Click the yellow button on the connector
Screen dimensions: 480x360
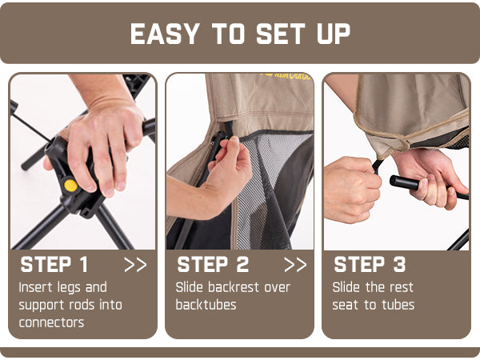[x=70, y=186]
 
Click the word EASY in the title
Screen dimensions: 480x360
[x=165, y=34]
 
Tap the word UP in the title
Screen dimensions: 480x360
[x=334, y=34]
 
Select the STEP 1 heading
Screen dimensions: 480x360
[x=54, y=265]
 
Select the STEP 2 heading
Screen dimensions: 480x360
[x=213, y=265]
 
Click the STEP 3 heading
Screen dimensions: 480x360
[x=370, y=265]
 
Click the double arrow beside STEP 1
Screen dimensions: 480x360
[x=136, y=265]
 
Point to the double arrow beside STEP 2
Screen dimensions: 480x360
[x=295, y=265]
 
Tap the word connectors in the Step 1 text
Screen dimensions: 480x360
[x=51, y=322]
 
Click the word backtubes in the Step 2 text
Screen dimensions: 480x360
[x=206, y=305]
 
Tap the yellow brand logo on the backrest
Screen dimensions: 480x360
[x=286, y=76]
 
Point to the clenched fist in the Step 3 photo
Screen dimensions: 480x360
[x=352, y=190]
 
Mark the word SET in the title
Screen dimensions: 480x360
[x=281, y=34]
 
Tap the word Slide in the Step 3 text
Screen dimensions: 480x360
[x=346, y=287]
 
